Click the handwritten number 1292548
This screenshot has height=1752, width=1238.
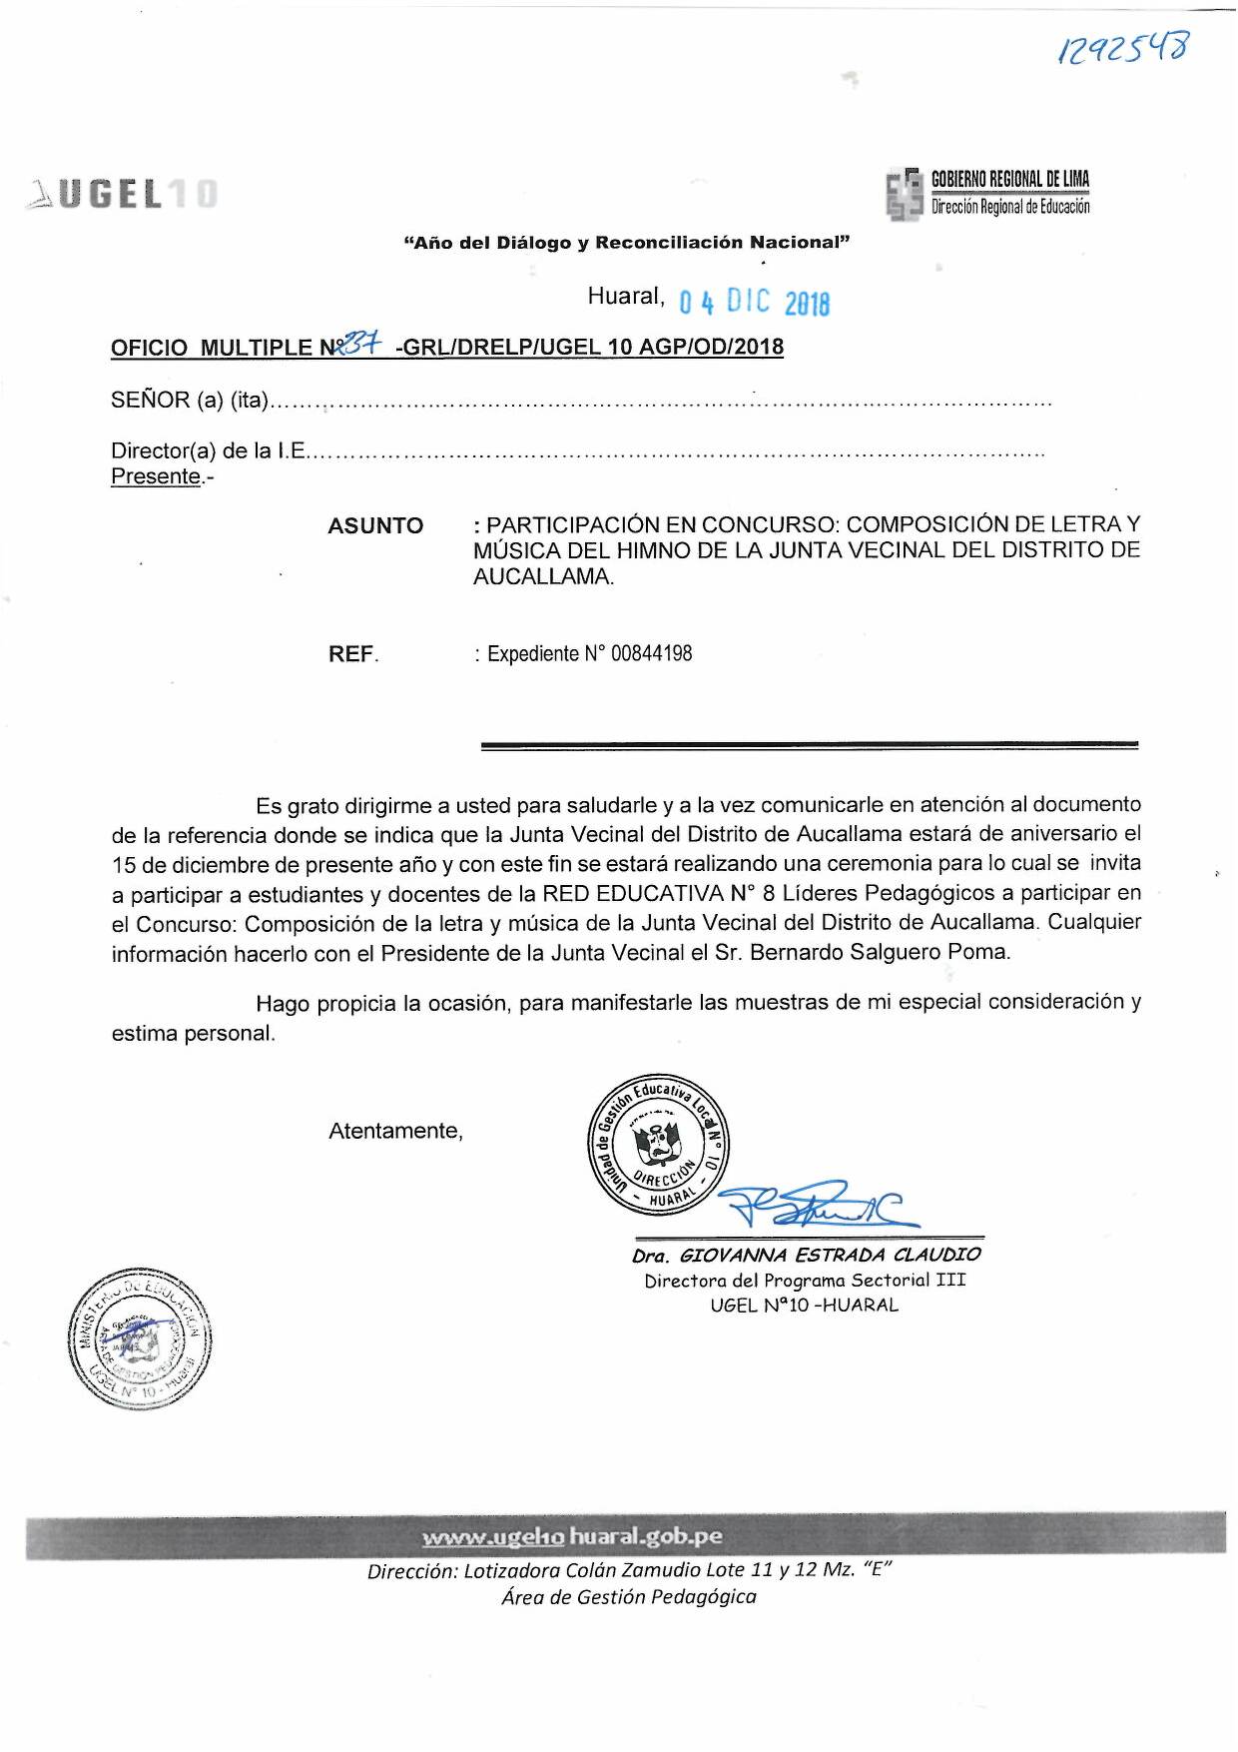pyautogui.click(x=1123, y=48)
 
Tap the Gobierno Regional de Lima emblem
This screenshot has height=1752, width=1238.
pyautogui.click(x=905, y=194)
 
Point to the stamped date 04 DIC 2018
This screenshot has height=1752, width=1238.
pyautogui.click(x=754, y=302)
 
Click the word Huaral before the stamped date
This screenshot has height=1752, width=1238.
pyautogui.click(x=625, y=296)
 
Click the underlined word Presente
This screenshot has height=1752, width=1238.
pyautogui.click(x=156, y=476)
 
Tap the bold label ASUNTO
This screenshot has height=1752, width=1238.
pyautogui.click(x=375, y=525)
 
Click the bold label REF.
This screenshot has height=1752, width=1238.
pyautogui.click(x=352, y=654)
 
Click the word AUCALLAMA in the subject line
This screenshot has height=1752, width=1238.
pyautogui.click(x=542, y=576)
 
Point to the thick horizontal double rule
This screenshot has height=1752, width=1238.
pyautogui.click(x=809, y=745)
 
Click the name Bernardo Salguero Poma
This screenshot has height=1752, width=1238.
pyautogui.click(x=879, y=952)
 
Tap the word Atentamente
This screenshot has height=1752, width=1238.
pyautogui.click(x=395, y=1131)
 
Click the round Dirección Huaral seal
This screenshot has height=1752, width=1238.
pyautogui.click(x=658, y=1146)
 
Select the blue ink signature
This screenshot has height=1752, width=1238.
pyautogui.click(x=814, y=1205)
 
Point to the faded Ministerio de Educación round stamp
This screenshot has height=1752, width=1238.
pyautogui.click(x=141, y=1337)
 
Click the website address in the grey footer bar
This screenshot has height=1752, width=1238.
pyautogui.click(x=572, y=1536)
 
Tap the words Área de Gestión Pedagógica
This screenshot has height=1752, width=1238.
pyautogui.click(x=628, y=1597)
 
